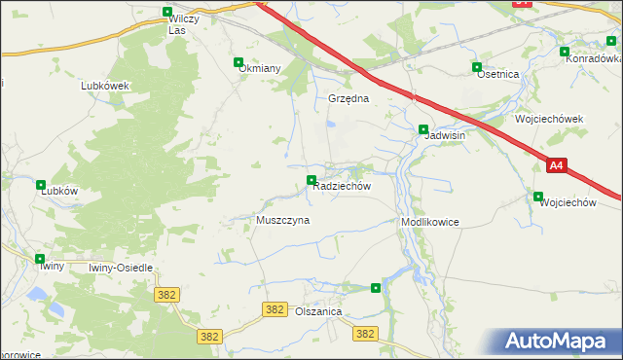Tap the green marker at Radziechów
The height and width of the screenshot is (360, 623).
pos(311,180)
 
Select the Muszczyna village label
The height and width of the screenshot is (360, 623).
pos(282,220)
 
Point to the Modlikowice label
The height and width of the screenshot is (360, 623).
pos(429,222)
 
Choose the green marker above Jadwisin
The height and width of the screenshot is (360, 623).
pos(423,129)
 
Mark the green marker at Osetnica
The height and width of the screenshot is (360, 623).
pos(477,67)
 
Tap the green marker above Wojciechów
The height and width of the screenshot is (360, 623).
pos(538,197)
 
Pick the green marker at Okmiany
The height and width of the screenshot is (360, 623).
pos(238,62)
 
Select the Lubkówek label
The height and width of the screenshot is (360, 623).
pos(105,85)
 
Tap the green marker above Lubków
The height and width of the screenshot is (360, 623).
pos(41,185)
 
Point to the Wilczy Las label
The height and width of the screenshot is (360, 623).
pos(176,24)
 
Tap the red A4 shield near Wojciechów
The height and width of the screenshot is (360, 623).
pos(555,166)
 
